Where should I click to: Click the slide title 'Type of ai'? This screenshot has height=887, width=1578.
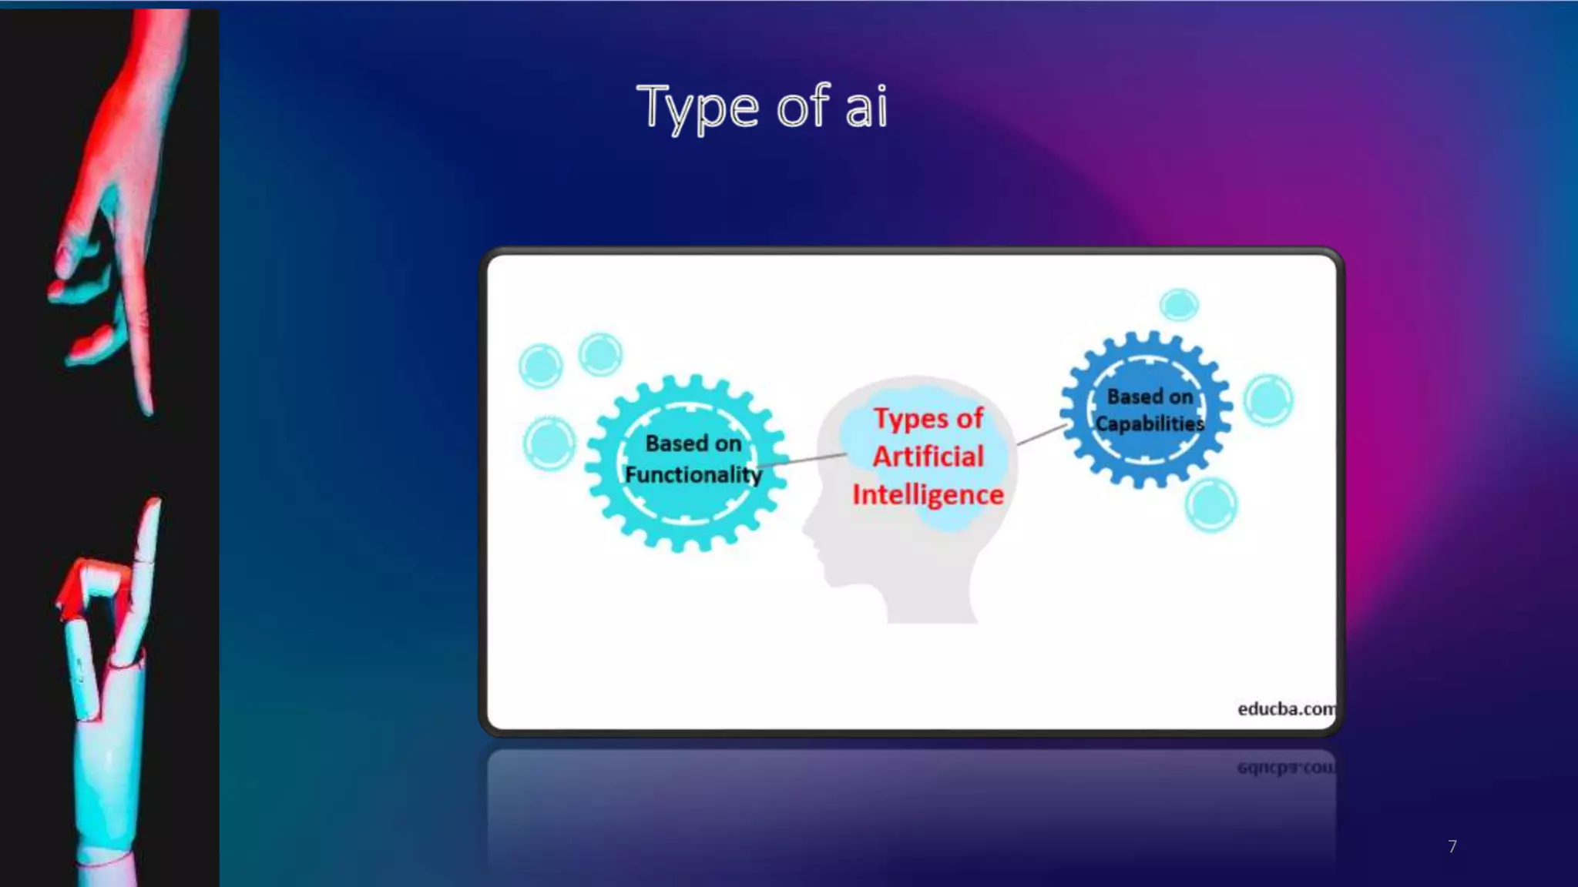click(x=762, y=108)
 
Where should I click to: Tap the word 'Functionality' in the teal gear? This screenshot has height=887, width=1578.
click(x=693, y=475)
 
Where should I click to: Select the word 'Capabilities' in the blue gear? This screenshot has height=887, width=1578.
click(x=1149, y=423)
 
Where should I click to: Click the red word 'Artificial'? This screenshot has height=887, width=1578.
click(x=928, y=457)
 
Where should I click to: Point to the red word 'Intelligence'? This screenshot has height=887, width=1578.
click(x=928, y=494)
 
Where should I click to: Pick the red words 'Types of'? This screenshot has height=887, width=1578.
click(x=928, y=418)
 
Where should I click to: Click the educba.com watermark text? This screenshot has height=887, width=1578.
click(x=1285, y=708)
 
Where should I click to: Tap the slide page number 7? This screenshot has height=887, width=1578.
click(x=1452, y=846)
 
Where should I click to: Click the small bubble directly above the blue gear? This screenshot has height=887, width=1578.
click(x=1179, y=305)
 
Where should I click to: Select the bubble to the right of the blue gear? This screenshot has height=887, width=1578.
click(x=1268, y=400)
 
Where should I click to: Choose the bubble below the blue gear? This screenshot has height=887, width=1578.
click(x=1210, y=505)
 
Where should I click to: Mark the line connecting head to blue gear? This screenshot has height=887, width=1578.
click(x=1042, y=434)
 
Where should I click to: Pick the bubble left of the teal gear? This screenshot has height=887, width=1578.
click(x=549, y=443)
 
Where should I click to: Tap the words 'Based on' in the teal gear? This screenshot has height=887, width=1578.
click(x=693, y=443)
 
